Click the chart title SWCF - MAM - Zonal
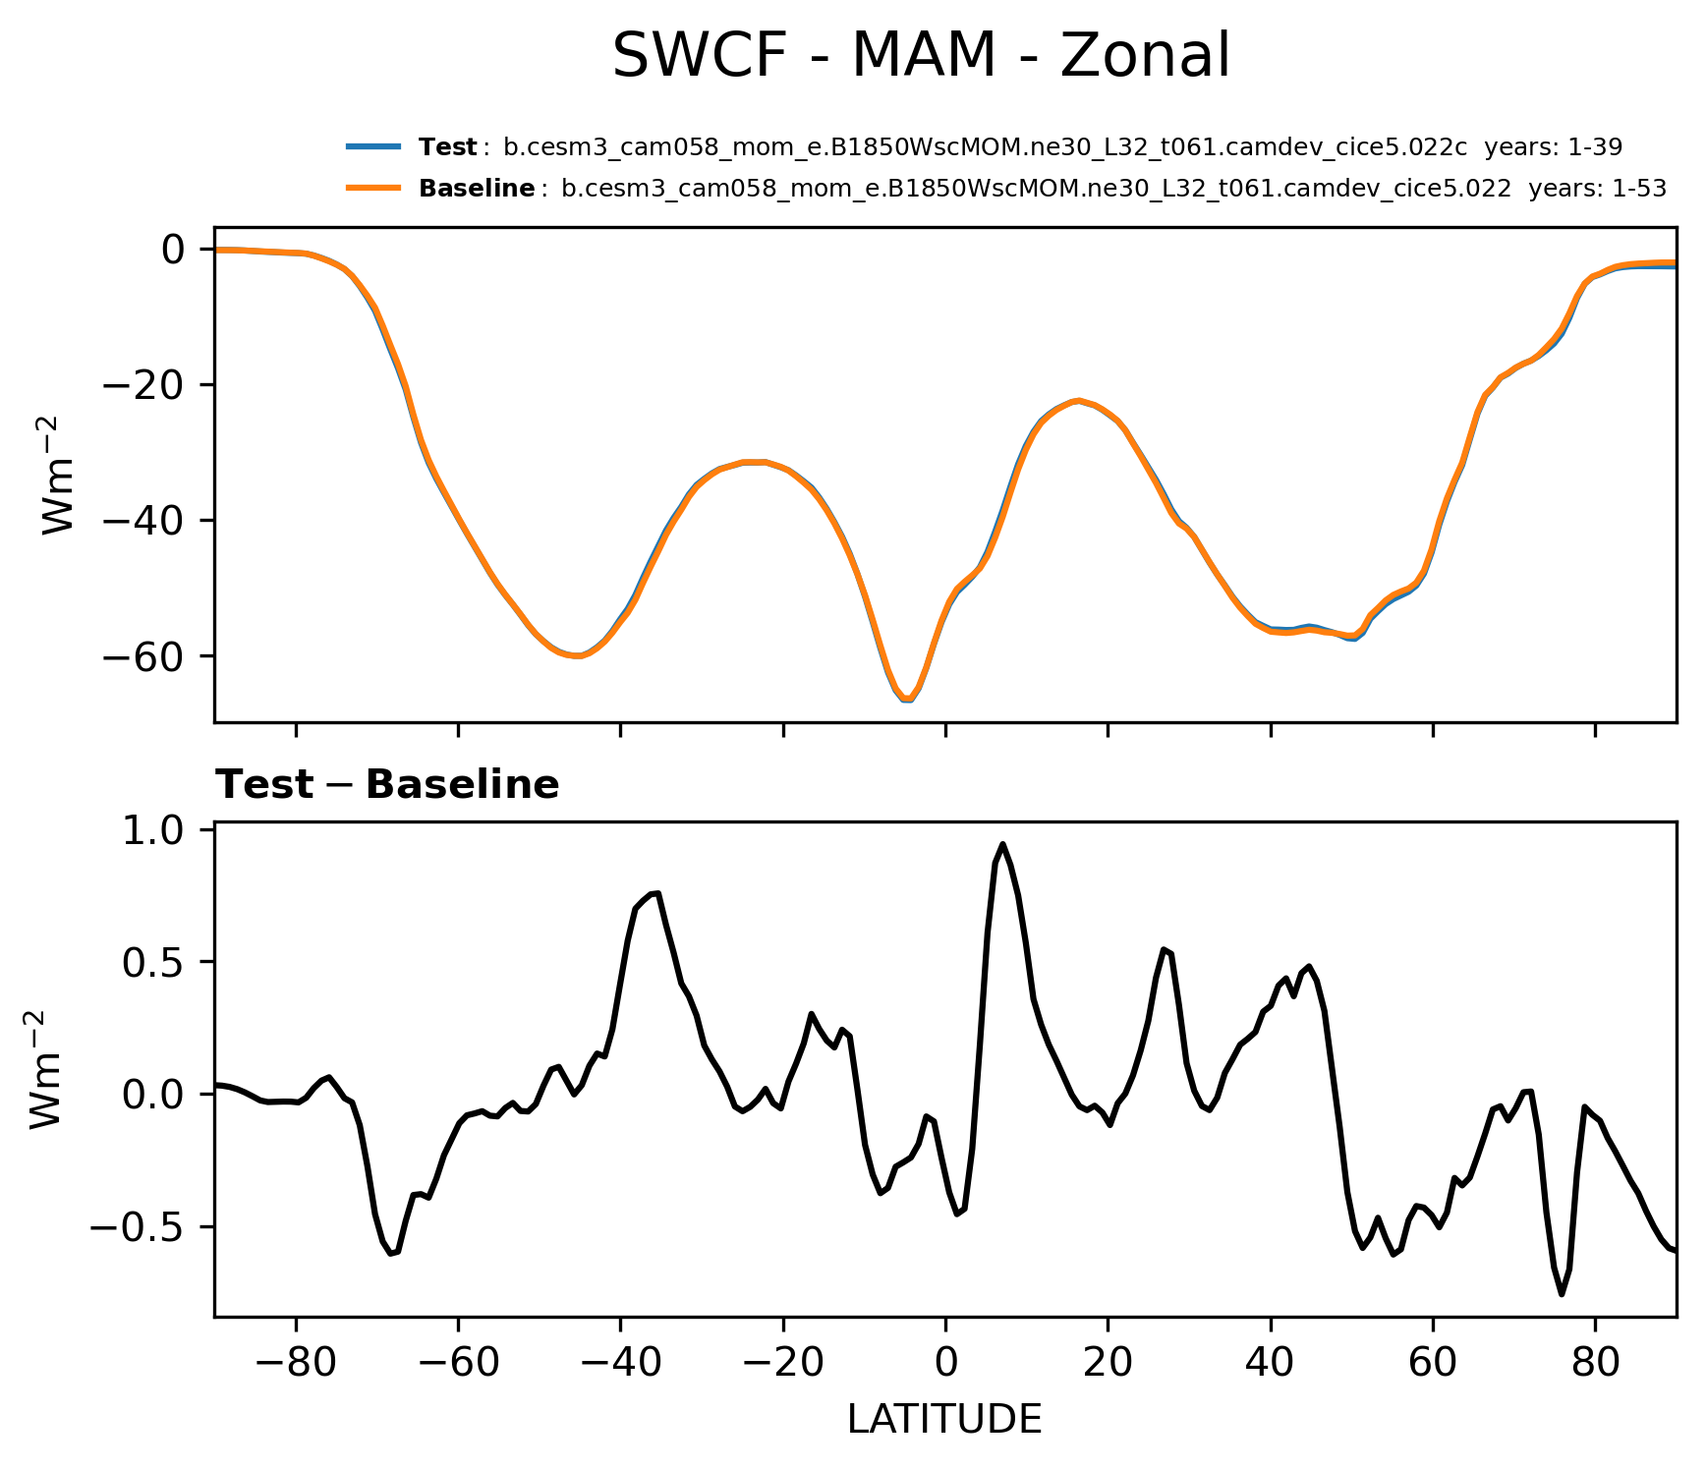pos(921,56)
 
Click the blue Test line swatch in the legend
pos(373,147)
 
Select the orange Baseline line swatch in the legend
pos(373,188)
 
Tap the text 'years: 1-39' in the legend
pos(1553,147)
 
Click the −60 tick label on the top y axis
pos(144,656)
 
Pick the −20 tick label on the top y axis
pos(144,385)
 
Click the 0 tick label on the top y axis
pos(173,250)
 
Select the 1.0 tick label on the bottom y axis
pos(152,831)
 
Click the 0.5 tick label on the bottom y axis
pos(152,963)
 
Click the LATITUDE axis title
pos(944,1420)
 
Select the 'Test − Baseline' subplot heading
pos(387,785)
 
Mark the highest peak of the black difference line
pos(1002,844)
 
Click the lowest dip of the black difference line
pos(1562,1294)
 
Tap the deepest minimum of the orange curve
pos(906,700)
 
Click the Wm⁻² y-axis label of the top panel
pos(59,476)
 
